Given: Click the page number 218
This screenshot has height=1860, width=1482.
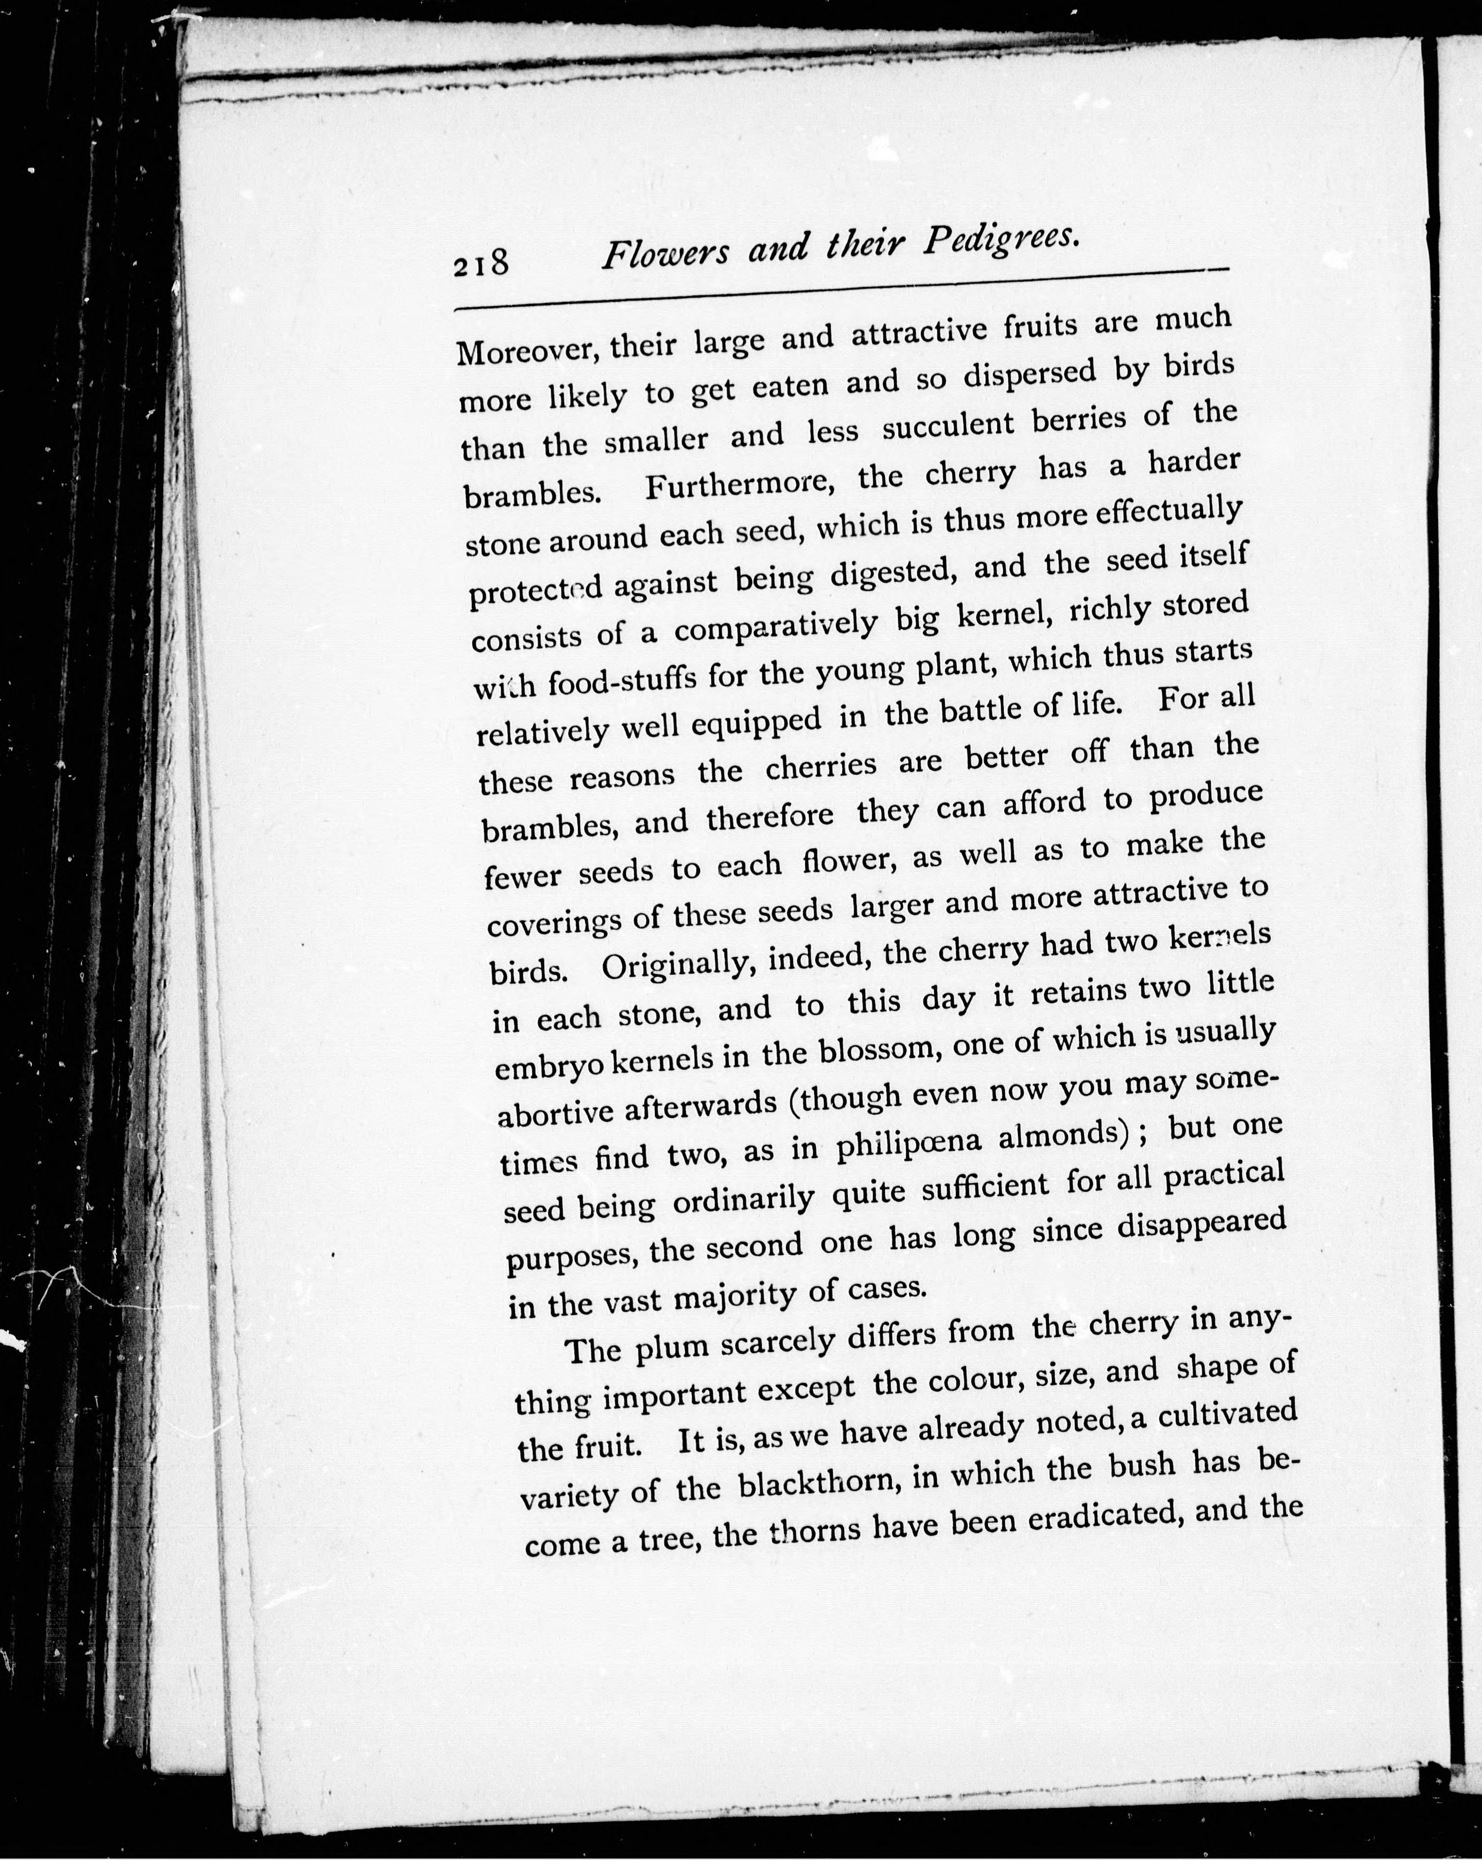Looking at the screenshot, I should point(480,261).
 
